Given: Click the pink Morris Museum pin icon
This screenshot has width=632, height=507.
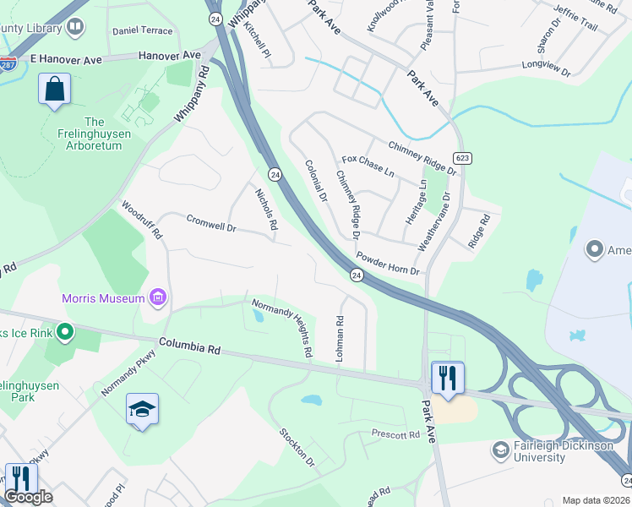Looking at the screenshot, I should coord(157,297).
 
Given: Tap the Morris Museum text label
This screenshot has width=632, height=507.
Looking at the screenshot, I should coord(102,298).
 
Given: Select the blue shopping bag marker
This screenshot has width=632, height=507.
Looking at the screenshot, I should coord(54,90).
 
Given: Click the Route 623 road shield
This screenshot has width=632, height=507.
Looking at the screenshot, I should coord(462,158).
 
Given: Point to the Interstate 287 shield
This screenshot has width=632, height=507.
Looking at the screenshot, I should coord(8,63).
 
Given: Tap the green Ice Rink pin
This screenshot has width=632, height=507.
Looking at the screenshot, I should coord(64,332).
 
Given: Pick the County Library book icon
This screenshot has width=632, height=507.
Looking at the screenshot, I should coord(75,28).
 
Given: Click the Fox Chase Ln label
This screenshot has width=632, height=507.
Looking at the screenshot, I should coord(368,166).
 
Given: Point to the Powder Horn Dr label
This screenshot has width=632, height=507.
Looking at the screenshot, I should coord(388,264).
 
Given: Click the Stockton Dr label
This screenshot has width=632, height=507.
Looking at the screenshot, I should coord(297,448).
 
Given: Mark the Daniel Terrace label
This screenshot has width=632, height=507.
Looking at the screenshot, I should coord(142,30).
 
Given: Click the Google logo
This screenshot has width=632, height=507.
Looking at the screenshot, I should coord(28,497).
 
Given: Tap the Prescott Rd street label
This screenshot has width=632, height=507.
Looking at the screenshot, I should coord(395,434).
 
